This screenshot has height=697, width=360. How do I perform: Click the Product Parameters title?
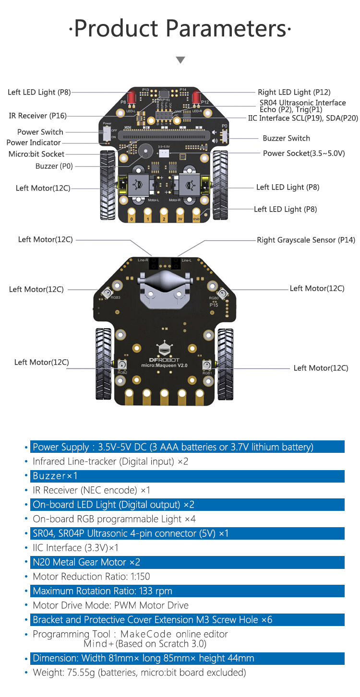pos(180,29)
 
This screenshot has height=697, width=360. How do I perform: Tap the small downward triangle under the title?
pos(180,60)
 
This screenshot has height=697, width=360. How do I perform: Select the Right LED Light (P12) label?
pos(294,92)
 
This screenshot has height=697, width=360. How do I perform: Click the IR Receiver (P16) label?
pos(38,116)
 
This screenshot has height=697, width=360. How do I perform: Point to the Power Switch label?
pos(40,132)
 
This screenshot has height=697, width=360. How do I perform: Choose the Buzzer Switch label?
pos(286,138)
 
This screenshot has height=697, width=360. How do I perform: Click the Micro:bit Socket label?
pos(36,154)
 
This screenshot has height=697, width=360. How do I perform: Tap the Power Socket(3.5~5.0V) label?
pos(303,153)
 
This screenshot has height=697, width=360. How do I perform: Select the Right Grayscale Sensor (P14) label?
pos(306,240)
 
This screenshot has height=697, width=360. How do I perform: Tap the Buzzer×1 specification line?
pos(55,476)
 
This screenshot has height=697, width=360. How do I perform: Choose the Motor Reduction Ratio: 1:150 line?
pos(91,577)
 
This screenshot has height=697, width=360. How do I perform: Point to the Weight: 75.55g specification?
pos(139,673)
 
